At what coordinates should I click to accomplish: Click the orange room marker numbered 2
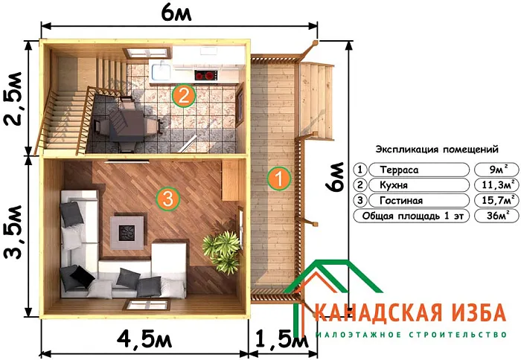183,95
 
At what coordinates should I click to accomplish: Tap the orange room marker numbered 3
167,199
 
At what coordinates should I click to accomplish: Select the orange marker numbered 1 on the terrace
278,179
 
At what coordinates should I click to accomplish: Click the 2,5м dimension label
16,100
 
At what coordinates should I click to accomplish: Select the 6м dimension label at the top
181,13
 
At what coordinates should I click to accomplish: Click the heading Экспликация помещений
436,149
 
